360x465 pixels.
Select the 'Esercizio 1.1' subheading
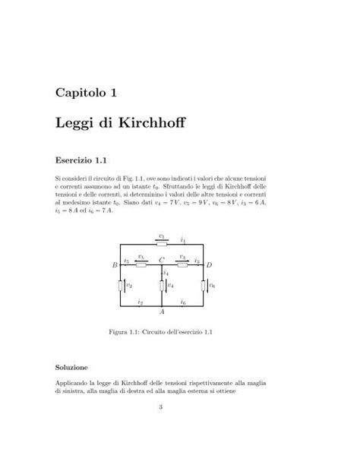pyautogui.click(x=80, y=160)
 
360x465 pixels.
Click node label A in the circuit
pyautogui.click(x=162, y=312)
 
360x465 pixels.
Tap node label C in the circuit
pyautogui.click(x=162, y=260)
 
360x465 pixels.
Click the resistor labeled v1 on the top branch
pyautogui.click(x=162, y=244)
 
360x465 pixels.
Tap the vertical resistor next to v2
pyautogui.click(x=122, y=286)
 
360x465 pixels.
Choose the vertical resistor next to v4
pyautogui.click(x=162, y=286)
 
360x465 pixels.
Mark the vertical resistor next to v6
pyautogui.click(x=203, y=286)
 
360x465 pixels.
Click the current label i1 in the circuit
pyautogui.click(x=183, y=239)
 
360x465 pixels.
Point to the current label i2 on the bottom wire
pyautogui.click(x=141, y=302)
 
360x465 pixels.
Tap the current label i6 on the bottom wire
pyautogui.click(x=183, y=302)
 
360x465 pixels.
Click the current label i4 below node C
pyautogui.click(x=166, y=272)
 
